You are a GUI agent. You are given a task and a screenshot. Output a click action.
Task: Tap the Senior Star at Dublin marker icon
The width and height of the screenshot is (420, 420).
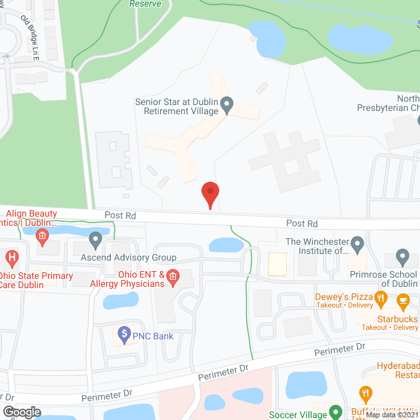(x=227, y=104)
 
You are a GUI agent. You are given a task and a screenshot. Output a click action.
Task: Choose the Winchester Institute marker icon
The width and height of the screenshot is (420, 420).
(x=358, y=245)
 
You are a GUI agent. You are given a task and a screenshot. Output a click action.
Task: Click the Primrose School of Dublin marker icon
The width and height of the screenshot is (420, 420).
(x=405, y=257)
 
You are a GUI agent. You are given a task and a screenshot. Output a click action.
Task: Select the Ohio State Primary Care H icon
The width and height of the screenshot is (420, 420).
(x=10, y=257)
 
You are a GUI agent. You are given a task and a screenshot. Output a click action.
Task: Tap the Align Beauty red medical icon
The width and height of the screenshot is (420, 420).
(x=43, y=236)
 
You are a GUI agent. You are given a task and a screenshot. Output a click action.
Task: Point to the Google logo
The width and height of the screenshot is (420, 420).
(x=21, y=411)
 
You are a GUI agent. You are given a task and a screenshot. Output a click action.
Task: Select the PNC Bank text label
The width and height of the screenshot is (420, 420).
(x=154, y=337)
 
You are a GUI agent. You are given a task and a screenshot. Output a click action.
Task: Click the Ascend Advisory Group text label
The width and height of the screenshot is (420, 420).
(x=128, y=257)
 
